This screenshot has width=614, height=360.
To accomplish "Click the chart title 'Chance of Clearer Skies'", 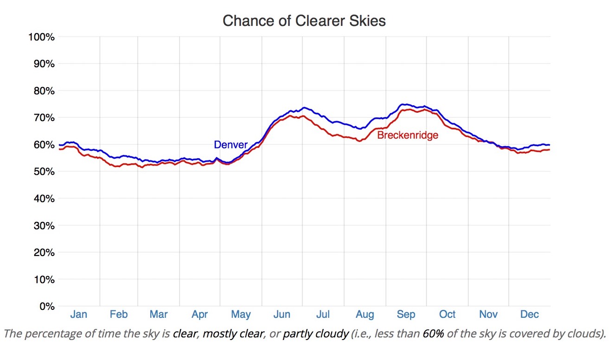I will (304, 21).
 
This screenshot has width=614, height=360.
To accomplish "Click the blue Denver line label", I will (230, 145).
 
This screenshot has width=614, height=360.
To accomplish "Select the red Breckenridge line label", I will (408, 136).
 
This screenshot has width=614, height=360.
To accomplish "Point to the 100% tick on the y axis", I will (42, 37).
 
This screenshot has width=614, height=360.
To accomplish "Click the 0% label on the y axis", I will (46, 307).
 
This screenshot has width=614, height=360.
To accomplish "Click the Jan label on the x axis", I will (79, 315).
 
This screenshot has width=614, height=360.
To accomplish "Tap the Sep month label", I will (406, 315).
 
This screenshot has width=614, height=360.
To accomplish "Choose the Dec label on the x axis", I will (529, 315).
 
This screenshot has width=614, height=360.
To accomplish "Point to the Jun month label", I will (282, 315).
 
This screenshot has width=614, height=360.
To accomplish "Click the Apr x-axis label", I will (200, 315).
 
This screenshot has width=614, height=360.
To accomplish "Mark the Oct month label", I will (448, 315).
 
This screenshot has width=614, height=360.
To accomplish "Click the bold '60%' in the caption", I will (433, 334).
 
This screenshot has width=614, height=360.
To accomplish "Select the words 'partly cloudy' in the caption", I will (315, 334).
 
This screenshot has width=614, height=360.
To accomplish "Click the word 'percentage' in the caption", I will (46, 334).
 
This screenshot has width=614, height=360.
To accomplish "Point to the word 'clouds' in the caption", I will (586, 334).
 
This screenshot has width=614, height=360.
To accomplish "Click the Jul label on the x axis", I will (323, 315).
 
